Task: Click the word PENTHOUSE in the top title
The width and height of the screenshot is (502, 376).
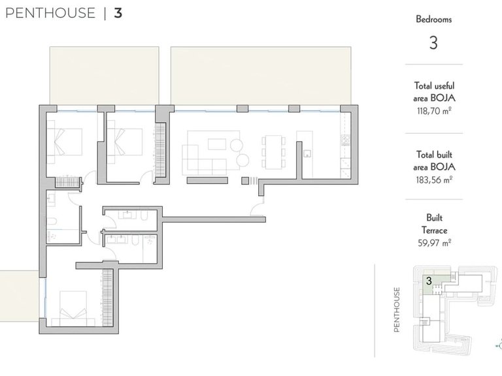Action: (x=50, y=13)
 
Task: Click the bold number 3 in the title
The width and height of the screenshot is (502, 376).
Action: (x=118, y=13)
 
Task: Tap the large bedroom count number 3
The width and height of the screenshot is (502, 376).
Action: (x=433, y=43)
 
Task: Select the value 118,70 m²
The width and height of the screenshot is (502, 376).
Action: (x=434, y=111)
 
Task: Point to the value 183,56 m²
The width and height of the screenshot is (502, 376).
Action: (x=434, y=180)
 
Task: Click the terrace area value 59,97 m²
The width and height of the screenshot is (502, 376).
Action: (x=434, y=243)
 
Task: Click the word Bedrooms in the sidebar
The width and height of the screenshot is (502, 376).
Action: (x=434, y=19)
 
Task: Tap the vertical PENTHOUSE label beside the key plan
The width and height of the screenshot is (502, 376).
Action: (x=397, y=309)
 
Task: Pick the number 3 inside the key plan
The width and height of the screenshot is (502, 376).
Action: (x=429, y=281)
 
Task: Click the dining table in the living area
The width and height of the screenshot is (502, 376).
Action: (x=274, y=152)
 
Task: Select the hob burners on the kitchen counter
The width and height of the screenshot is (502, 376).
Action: (x=345, y=140)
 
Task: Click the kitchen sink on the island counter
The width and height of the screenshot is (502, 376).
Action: (x=307, y=154)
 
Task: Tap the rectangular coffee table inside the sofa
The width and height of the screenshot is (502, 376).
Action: (x=217, y=144)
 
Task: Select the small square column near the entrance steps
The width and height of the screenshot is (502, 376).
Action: (x=245, y=181)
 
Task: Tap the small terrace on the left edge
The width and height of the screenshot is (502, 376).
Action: (x=19, y=296)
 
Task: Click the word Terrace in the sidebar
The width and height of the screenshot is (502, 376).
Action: (x=434, y=230)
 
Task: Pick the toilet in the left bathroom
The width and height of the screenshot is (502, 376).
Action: (x=52, y=221)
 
